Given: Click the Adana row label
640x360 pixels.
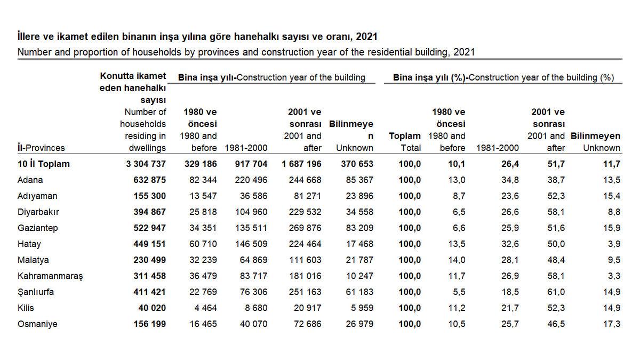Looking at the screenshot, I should click(x=30, y=180).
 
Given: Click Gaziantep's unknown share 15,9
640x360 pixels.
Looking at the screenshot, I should click(x=614, y=228).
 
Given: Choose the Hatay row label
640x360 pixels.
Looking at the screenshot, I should click(x=29, y=244).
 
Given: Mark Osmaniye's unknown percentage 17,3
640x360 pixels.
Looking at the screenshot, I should click(x=614, y=324).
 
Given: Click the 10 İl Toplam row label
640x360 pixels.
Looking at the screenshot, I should click(x=44, y=164).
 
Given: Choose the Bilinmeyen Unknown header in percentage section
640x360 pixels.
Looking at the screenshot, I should click(x=595, y=142).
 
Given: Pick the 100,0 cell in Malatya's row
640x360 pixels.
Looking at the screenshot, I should click(x=410, y=260).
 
